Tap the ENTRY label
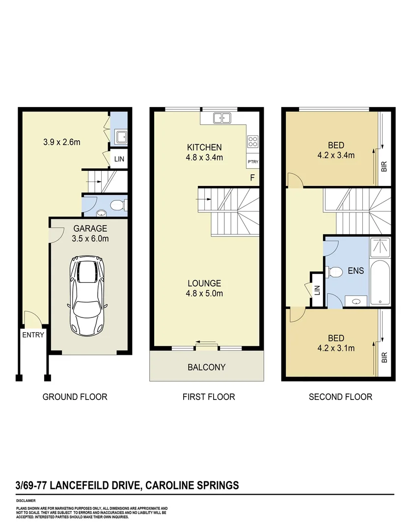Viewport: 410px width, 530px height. click(x=33, y=335)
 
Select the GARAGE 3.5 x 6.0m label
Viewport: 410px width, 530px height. click(x=91, y=234)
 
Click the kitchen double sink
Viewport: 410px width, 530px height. click(x=222, y=118)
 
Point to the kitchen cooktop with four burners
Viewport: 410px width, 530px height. click(x=253, y=141)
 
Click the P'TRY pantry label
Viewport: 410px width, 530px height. click(x=252, y=162)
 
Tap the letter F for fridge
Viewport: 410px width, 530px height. click(x=252, y=178)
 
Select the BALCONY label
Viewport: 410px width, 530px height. click(x=206, y=367)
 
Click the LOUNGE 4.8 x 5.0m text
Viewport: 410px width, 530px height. click(x=204, y=288)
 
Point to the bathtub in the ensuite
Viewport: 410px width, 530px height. click(x=380, y=283)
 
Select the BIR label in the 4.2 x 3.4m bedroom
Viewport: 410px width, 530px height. click(x=384, y=167)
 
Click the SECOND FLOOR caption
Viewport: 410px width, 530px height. click(x=340, y=397)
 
